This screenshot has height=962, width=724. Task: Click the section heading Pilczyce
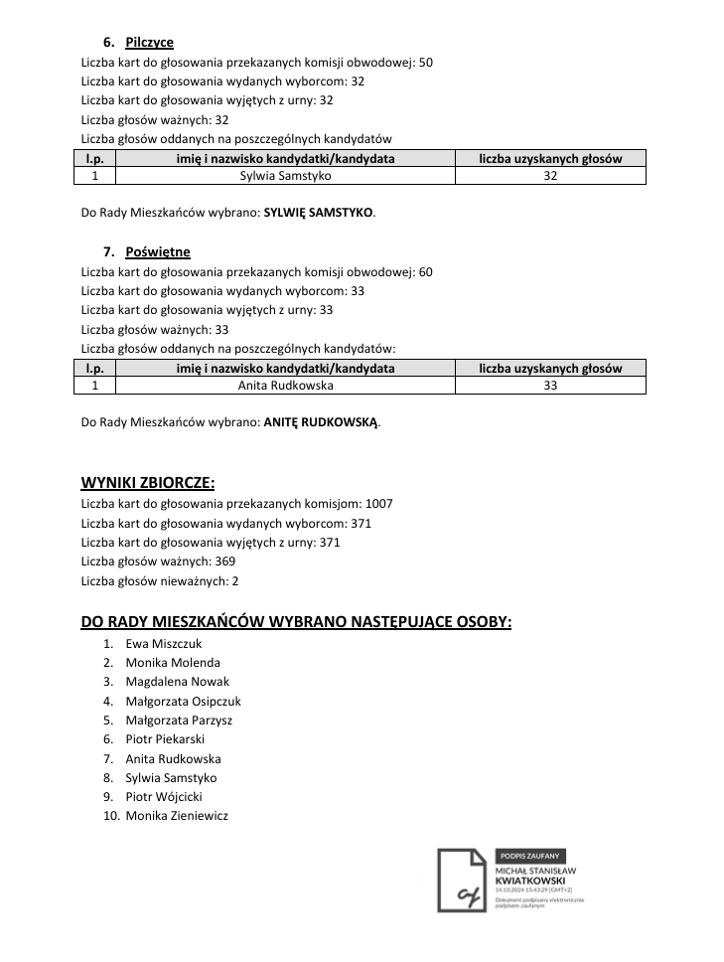pyautogui.click(x=149, y=43)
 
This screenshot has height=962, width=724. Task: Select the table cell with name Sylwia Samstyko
pyautogui.click(x=285, y=176)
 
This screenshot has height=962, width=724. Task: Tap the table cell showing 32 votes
pyautogui.click(x=550, y=176)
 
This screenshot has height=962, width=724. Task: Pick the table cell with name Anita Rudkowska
pyautogui.click(x=285, y=386)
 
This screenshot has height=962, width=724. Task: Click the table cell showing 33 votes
pyautogui.click(x=550, y=386)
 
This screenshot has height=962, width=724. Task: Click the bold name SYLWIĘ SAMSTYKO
pyautogui.click(x=319, y=213)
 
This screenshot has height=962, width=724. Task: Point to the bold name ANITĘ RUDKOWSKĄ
pyautogui.click(x=321, y=422)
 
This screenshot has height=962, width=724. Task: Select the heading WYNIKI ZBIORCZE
pyautogui.click(x=147, y=484)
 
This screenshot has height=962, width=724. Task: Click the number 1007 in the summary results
pyautogui.click(x=379, y=504)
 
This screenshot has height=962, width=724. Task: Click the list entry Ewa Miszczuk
pyautogui.click(x=163, y=644)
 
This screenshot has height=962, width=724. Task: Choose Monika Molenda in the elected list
pyautogui.click(x=173, y=663)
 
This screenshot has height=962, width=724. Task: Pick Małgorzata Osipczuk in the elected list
pyautogui.click(x=183, y=702)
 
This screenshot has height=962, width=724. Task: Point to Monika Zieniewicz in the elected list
pyautogui.click(x=177, y=816)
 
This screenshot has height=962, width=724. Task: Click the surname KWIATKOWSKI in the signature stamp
pyautogui.click(x=531, y=881)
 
